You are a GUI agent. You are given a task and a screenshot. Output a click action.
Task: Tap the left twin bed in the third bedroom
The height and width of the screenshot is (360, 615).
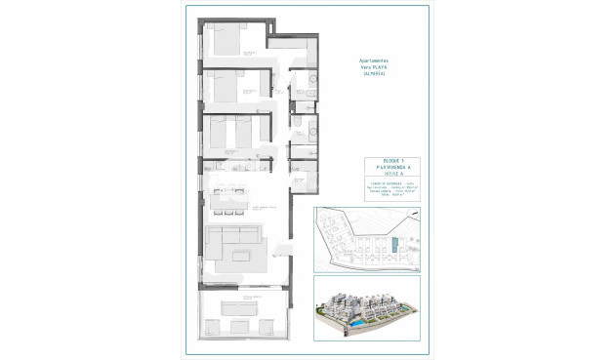[220, 132]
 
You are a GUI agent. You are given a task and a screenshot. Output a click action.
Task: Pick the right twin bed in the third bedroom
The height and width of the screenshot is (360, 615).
[241, 132]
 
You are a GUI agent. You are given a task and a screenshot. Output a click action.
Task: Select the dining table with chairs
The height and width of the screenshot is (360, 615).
[232, 202]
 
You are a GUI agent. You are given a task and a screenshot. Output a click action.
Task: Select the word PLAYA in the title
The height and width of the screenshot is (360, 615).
[381, 67]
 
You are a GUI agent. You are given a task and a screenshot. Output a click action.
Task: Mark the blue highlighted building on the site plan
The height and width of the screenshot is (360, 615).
[394, 246]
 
